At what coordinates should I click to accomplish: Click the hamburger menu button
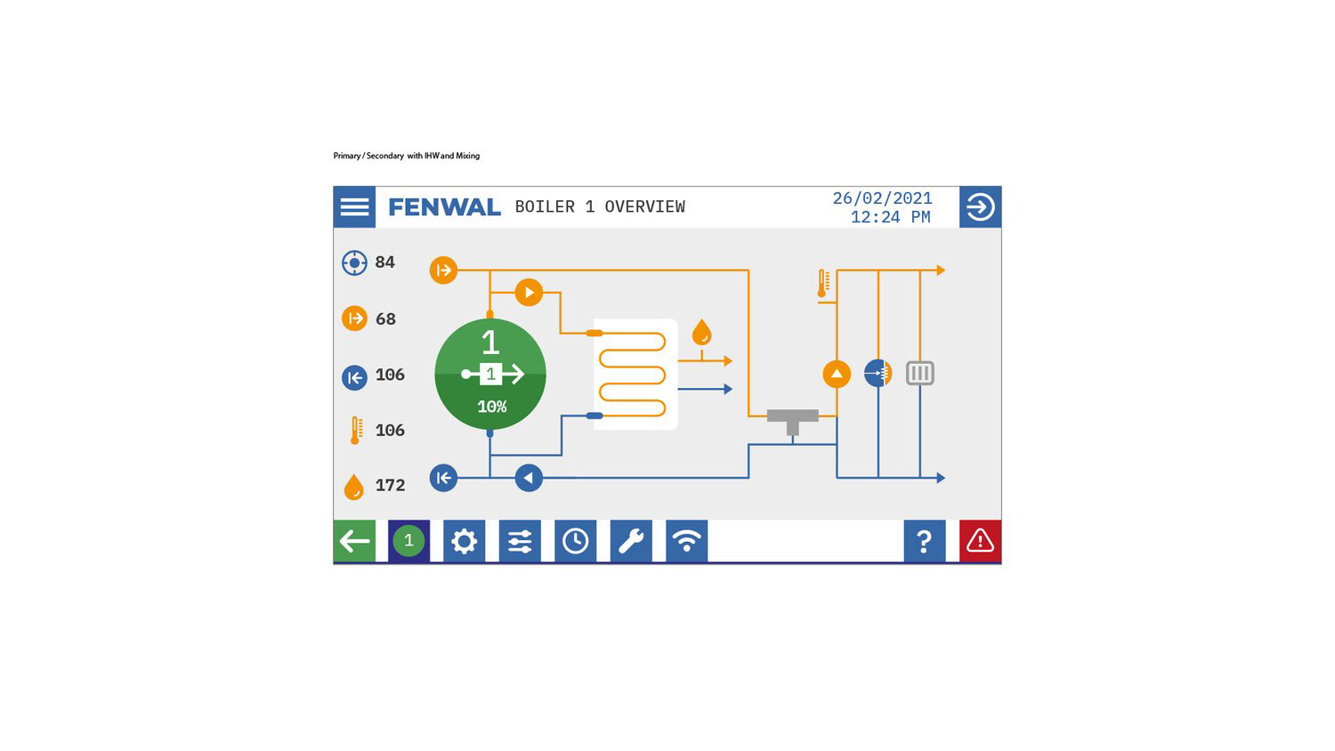pyautogui.click(x=354, y=206)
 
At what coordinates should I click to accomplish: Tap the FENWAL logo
pyautogui.click(x=444, y=207)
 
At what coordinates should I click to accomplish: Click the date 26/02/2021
pyautogui.click(x=882, y=198)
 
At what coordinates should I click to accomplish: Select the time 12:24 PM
pyautogui.click(x=890, y=217)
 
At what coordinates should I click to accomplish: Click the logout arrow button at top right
pyautogui.click(x=980, y=207)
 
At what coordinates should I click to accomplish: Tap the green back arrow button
pyautogui.click(x=354, y=541)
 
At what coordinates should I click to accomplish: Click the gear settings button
pyautogui.click(x=464, y=541)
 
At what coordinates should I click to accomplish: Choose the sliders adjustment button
pyautogui.click(x=520, y=541)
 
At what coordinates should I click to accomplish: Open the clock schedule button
pyautogui.click(x=575, y=541)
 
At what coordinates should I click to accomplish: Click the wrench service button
pyautogui.click(x=631, y=541)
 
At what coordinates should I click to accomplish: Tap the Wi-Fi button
pyautogui.click(x=686, y=541)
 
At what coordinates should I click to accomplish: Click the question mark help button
pyautogui.click(x=924, y=541)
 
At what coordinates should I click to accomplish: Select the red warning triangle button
pyautogui.click(x=980, y=541)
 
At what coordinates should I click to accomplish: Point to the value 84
pyautogui.click(x=384, y=262)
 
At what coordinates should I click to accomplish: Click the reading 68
pyautogui.click(x=385, y=319)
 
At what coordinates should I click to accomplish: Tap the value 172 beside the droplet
pyautogui.click(x=390, y=486)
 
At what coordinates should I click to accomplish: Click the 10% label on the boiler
pyautogui.click(x=491, y=407)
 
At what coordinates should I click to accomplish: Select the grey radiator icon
pyautogui.click(x=919, y=374)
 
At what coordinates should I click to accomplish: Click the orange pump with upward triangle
pyautogui.click(x=837, y=374)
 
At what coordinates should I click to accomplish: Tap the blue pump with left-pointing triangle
pyautogui.click(x=529, y=478)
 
